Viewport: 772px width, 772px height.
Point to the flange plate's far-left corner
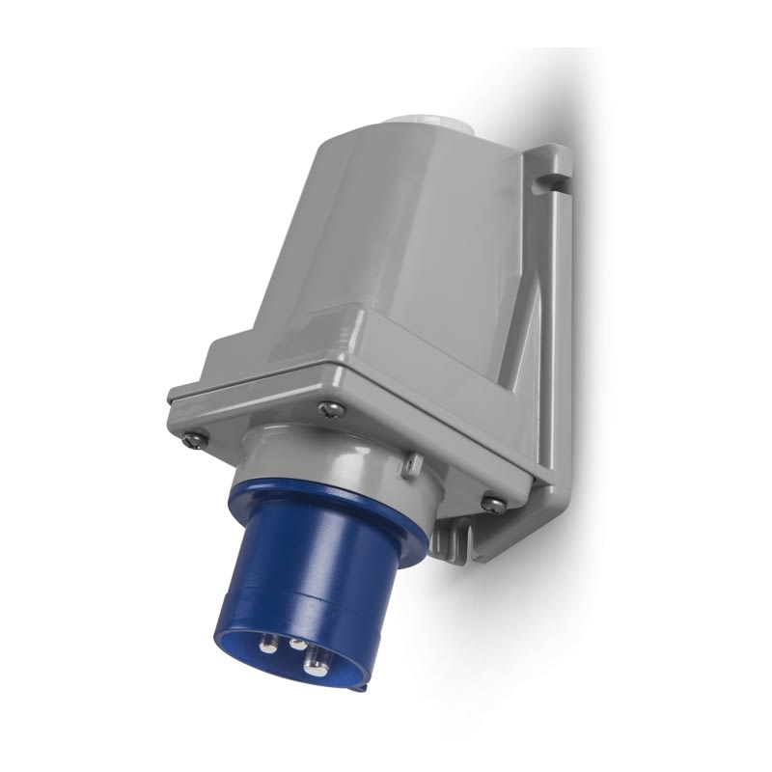pyautogui.click(x=174, y=396)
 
